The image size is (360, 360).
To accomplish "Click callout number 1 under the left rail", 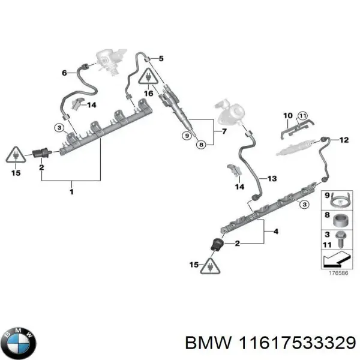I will click(x=71, y=192).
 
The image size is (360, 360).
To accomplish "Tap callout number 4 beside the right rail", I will click(x=275, y=231).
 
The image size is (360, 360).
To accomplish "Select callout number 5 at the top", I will click(x=161, y=58).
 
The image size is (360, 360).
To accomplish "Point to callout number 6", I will click(x=65, y=73).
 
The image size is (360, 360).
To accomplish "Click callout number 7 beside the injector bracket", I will click(x=223, y=131).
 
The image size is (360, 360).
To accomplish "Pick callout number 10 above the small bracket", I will click(x=287, y=115).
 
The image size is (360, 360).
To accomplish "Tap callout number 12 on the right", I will click(x=344, y=140).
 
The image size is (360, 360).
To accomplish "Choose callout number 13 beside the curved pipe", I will click(x=272, y=179).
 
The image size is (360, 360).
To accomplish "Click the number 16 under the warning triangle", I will click(x=147, y=94).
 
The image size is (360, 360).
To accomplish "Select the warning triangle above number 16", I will click(x=147, y=77).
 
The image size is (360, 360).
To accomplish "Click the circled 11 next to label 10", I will click(x=302, y=115).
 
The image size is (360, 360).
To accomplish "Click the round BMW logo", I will click(x=19, y=343).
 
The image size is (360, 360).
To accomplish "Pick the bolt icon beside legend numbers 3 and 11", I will click(x=340, y=239).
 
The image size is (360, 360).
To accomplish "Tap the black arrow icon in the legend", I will click(x=335, y=259).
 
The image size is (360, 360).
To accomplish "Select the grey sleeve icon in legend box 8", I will click(x=340, y=219).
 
